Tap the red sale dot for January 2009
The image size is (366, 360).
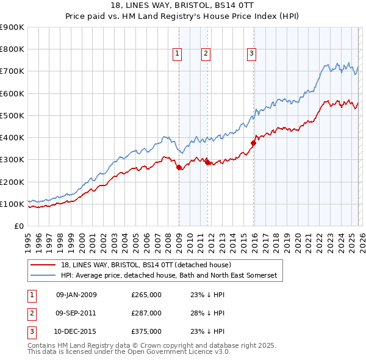pos(179,168)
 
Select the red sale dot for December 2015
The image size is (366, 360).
pos(253,143)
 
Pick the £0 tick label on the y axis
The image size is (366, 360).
pos(20,226)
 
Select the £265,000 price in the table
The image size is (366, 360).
pos(146,295)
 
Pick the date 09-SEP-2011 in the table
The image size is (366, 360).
pos(76,313)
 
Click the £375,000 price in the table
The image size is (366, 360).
pos(146,331)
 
